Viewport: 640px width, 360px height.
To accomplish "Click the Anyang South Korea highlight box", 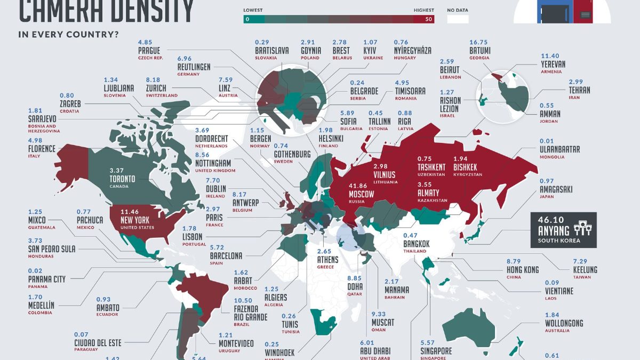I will tap(564, 230).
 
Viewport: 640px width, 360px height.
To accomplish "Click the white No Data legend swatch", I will tap(458, 19).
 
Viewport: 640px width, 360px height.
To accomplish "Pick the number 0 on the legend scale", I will tap(247, 19).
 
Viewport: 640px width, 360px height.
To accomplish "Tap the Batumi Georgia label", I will tap(480, 51).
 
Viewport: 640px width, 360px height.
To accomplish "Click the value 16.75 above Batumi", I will tap(480, 42).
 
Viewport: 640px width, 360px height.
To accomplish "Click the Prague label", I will tap(149, 51).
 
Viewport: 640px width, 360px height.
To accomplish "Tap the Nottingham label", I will tap(213, 163).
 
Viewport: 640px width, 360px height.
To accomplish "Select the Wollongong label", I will tap(564, 323).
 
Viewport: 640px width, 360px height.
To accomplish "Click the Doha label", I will tap(354, 286).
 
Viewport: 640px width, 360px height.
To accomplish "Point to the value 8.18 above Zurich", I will tap(152, 79).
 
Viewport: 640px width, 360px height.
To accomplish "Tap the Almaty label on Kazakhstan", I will tap(429, 193).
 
